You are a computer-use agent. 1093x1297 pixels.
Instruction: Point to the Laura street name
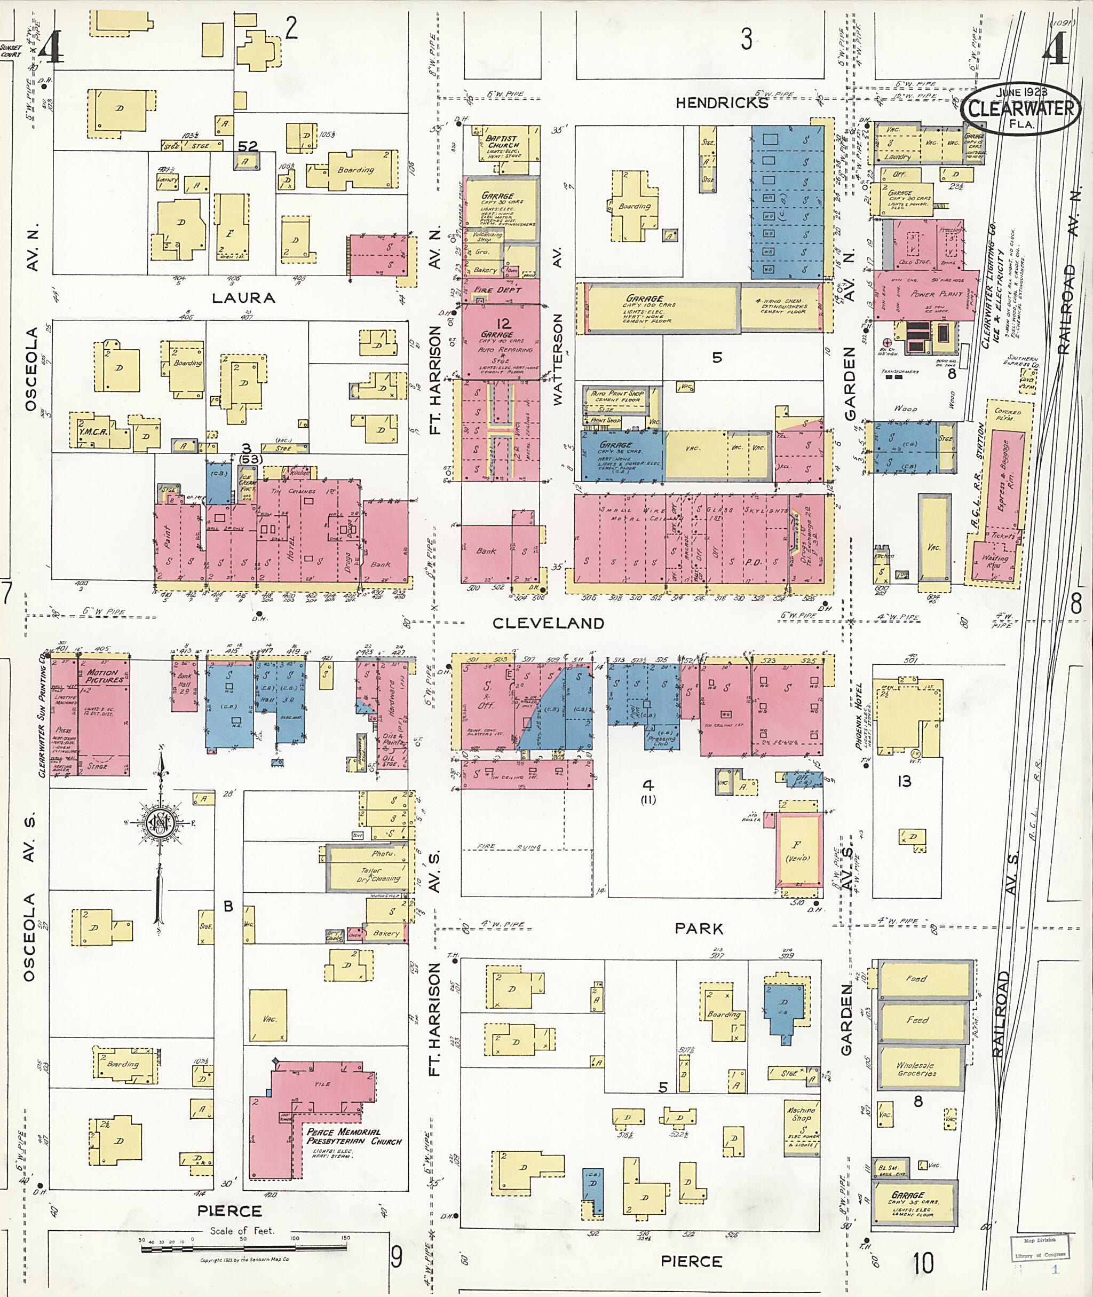click(x=243, y=297)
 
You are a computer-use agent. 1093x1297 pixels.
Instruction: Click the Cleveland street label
click(x=548, y=623)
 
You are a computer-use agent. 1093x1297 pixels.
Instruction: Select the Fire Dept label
click(x=497, y=289)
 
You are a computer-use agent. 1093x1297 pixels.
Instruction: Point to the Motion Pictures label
click(x=104, y=676)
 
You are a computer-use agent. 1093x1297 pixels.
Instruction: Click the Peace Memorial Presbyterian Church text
click(x=354, y=1136)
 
